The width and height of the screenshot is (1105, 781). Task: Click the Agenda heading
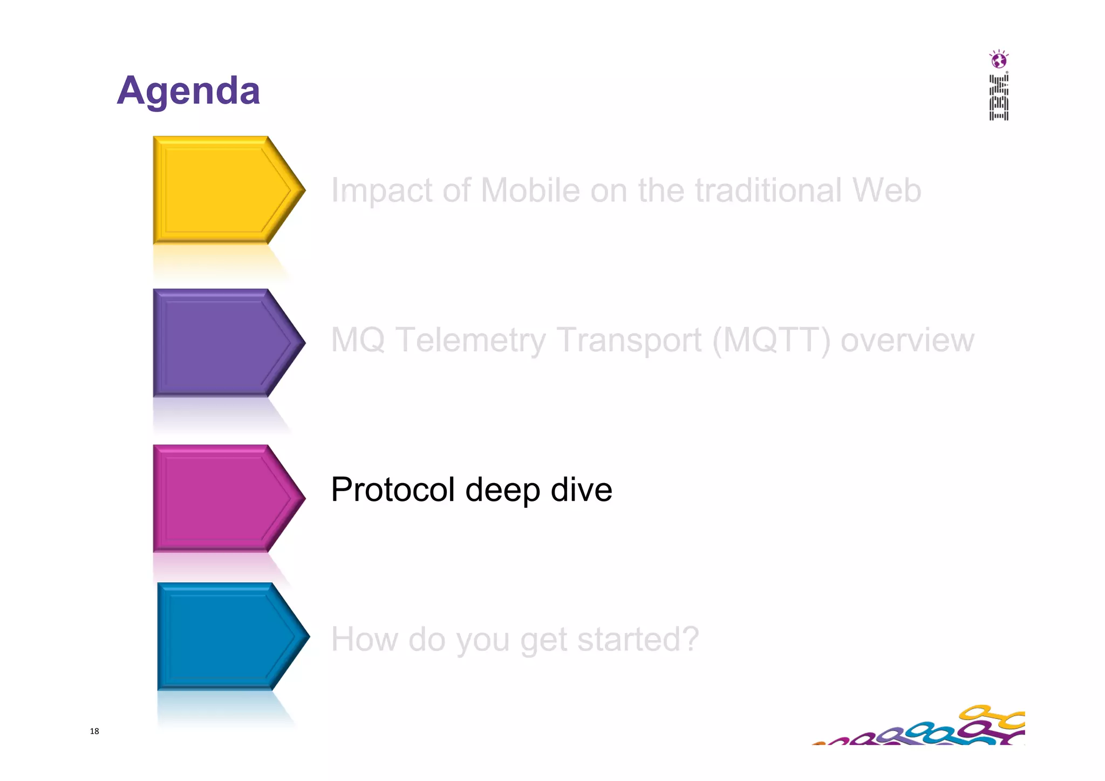tap(188, 91)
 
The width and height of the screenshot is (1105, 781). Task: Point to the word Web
tap(886, 191)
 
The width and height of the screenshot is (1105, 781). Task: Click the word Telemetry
tap(470, 340)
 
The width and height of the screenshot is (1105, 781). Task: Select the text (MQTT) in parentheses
tap(771, 340)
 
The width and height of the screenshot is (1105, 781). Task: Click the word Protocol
tap(393, 490)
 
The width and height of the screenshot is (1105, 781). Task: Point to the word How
tap(364, 639)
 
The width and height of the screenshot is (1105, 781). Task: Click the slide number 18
tap(94, 731)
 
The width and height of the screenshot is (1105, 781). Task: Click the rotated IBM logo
tap(999, 98)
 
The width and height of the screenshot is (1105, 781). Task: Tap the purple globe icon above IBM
tap(999, 60)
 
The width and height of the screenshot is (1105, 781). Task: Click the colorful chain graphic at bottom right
tap(928, 729)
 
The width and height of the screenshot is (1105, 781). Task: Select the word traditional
tap(768, 191)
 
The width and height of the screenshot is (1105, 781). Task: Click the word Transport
tap(629, 340)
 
